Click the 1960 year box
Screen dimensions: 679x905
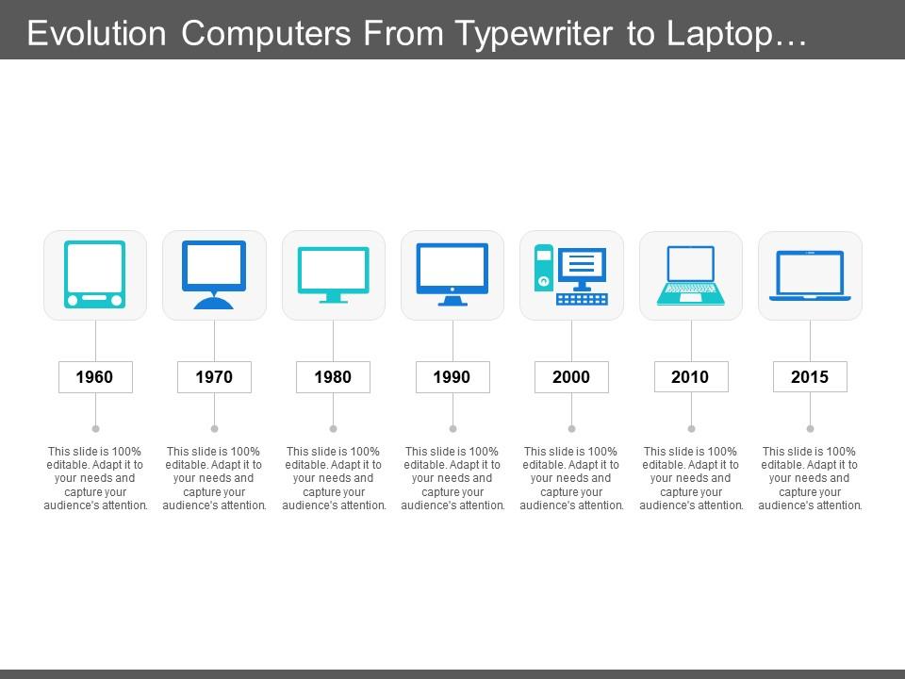coord(94,377)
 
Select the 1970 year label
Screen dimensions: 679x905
coord(214,377)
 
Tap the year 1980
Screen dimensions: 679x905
coord(333,377)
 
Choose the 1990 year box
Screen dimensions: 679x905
coord(452,377)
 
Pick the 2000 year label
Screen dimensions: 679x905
coord(571,377)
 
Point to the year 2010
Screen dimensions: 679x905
coord(690,377)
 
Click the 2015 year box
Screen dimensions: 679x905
coord(810,377)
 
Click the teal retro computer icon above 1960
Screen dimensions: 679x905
coord(94,274)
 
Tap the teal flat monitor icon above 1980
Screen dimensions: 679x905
coord(333,274)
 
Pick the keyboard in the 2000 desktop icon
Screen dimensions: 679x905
coord(582,298)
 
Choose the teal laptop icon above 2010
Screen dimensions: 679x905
coord(690,274)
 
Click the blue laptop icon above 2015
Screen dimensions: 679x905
coord(810,274)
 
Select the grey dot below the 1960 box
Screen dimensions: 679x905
coord(94,428)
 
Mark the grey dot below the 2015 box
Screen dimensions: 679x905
coord(810,428)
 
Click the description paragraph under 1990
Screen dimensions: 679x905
coord(452,478)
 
